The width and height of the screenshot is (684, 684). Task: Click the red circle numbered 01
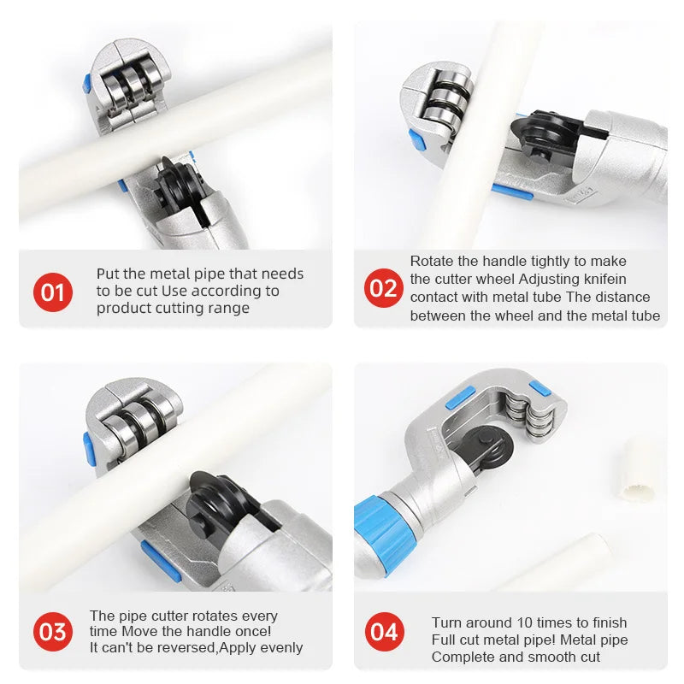point(53,292)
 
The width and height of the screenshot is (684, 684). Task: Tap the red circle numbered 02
point(383,288)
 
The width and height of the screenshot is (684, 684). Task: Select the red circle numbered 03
point(53,632)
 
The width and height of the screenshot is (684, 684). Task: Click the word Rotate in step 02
point(433,261)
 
